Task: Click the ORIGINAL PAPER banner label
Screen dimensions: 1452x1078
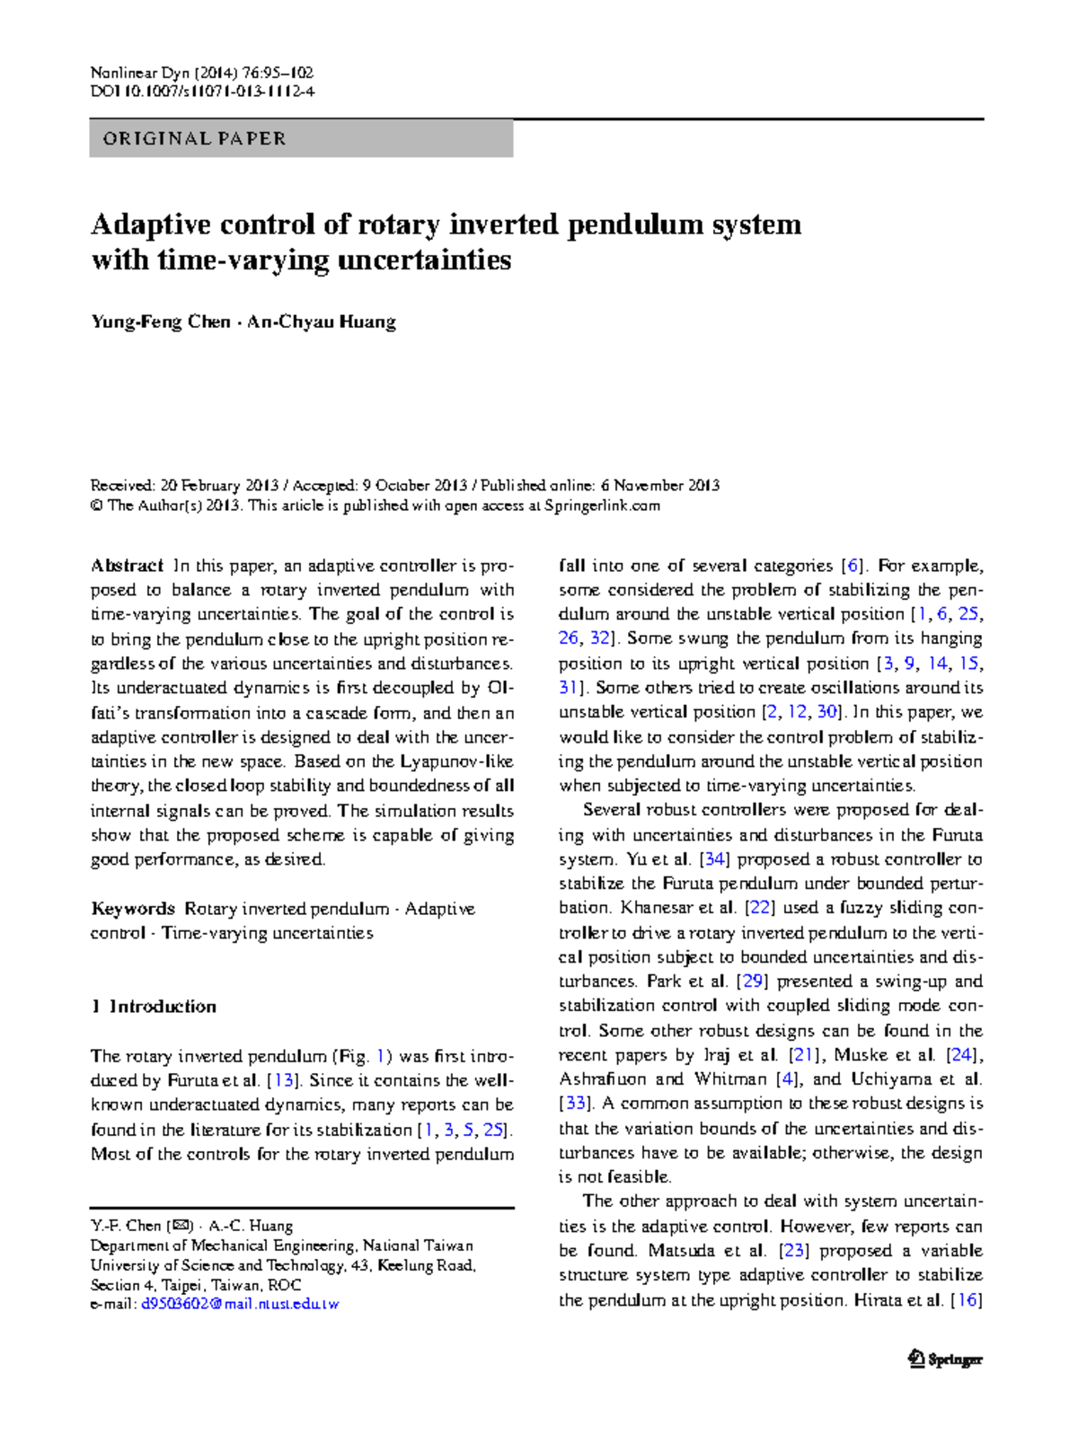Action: [195, 139]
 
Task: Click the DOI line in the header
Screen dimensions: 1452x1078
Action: [203, 92]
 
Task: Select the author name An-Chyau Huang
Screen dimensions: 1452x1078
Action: [322, 321]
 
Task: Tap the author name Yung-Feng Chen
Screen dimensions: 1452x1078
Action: [161, 321]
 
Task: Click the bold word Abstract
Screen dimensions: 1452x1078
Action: [127, 566]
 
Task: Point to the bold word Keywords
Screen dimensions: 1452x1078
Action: [133, 909]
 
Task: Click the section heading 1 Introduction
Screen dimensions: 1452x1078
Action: [154, 1007]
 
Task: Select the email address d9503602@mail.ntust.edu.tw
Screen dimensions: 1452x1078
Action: [240, 1304]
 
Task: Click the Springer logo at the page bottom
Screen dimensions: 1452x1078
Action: [945, 1360]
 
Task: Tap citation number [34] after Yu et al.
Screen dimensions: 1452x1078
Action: [714, 859]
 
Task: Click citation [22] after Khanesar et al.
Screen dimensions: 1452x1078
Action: [760, 908]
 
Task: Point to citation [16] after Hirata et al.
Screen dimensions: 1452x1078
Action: [967, 1300]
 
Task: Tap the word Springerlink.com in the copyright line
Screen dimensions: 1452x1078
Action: [603, 506]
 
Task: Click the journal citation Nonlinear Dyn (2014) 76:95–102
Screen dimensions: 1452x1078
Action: [202, 73]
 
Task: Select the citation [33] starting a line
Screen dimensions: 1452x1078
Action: [575, 1104]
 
